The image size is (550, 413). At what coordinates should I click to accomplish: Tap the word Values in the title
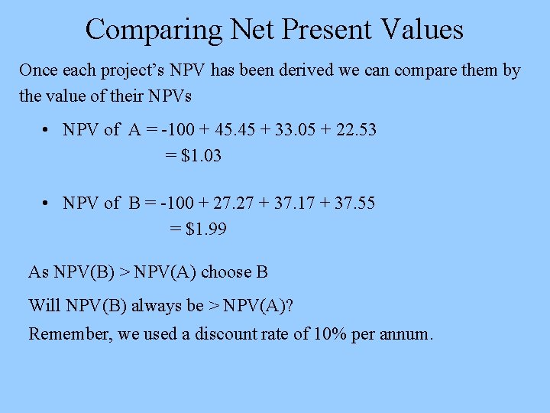click(421, 30)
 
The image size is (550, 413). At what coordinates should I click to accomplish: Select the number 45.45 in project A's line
click(232, 130)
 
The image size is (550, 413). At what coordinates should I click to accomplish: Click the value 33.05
click(293, 130)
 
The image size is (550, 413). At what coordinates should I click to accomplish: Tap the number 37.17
click(290, 203)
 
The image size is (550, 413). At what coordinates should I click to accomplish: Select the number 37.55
click(351, 203)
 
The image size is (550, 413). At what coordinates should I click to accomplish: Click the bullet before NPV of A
click(47, 131)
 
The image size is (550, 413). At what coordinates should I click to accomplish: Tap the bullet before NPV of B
click(47, 204)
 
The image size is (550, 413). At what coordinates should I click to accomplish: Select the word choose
click(225, 272)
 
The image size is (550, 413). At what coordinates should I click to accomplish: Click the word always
click(157, 307)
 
